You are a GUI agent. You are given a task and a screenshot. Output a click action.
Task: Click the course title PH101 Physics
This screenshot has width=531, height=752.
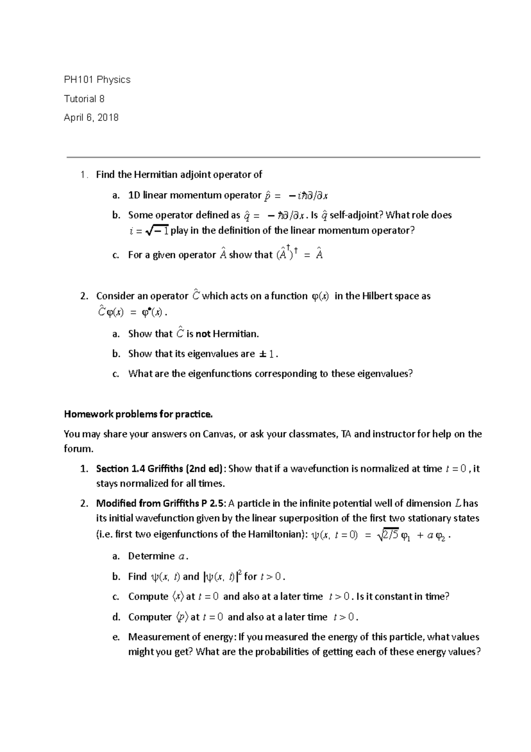pyautogui.click(x=97, y=80)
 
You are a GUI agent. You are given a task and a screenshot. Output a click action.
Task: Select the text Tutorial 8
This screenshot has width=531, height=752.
pyautogui.click(x=84, y=99)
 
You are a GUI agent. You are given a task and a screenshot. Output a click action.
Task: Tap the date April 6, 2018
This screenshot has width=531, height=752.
pyautogui.click(x=91, y=118)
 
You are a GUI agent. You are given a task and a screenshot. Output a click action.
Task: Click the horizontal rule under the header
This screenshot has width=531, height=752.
pyautogui.click(x=273, y=157)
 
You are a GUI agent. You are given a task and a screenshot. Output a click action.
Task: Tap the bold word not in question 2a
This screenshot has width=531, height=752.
pyautogui.click(x=203, y=334)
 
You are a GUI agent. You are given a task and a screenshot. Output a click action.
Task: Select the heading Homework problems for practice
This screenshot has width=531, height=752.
pyautogui.click(x=139, y=414)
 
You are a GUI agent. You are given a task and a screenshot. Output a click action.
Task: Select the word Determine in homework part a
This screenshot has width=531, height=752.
pyautogui.click(x=151, y=556)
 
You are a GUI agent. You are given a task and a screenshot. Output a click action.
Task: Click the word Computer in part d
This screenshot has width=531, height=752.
pyautogui.click(x=150, y=617)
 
